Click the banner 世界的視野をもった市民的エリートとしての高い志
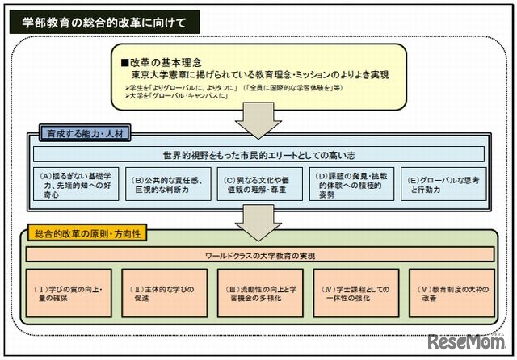pos(258,154)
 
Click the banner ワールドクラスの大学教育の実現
pos(258,256)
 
